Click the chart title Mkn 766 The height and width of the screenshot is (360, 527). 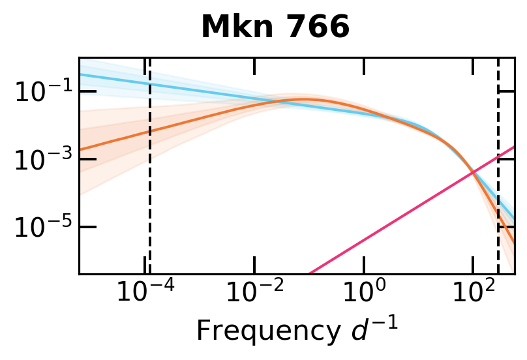tap(275, 27)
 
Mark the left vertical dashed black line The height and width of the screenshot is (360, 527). tap(150, 196)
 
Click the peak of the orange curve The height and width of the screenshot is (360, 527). tap(303, 99)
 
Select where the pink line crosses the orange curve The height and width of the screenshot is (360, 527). tap(472, 172)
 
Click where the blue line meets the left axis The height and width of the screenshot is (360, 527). tap(80, 74)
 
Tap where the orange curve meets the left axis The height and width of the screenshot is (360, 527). tap(80, 148)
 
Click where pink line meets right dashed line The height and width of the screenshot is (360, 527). tap(498, 157)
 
